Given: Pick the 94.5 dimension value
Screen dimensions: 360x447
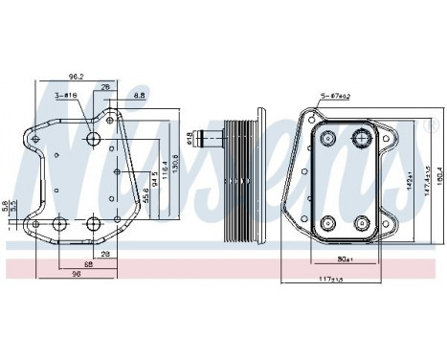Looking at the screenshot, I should click(152, 178).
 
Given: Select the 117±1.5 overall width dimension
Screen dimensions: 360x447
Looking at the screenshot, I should click(331, 281).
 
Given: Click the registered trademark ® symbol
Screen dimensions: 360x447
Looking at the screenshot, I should click(426, 124).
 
